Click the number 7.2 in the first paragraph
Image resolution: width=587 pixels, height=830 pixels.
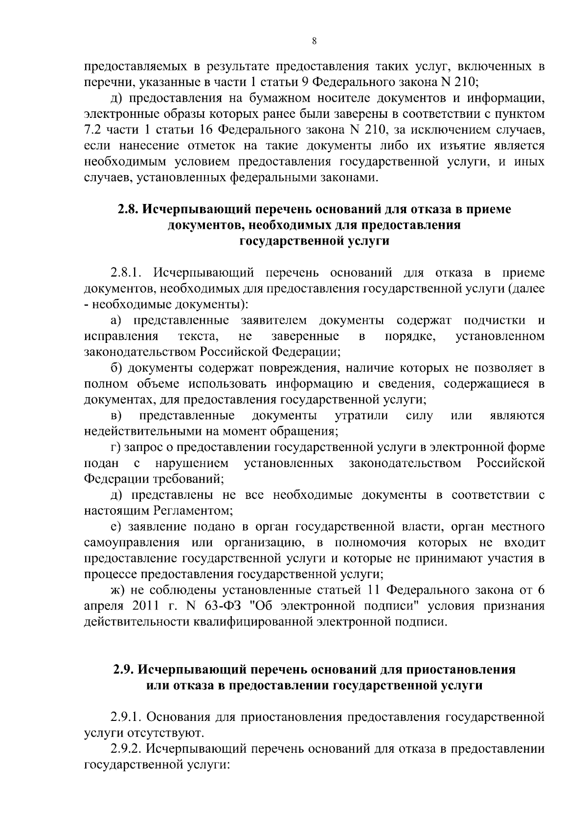[x=91, y=130]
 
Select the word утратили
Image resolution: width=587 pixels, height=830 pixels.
[x=361, y=416]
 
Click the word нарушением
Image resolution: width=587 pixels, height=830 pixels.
[x=191, y=463]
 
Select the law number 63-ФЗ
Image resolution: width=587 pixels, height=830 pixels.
[x=222, y=606]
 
